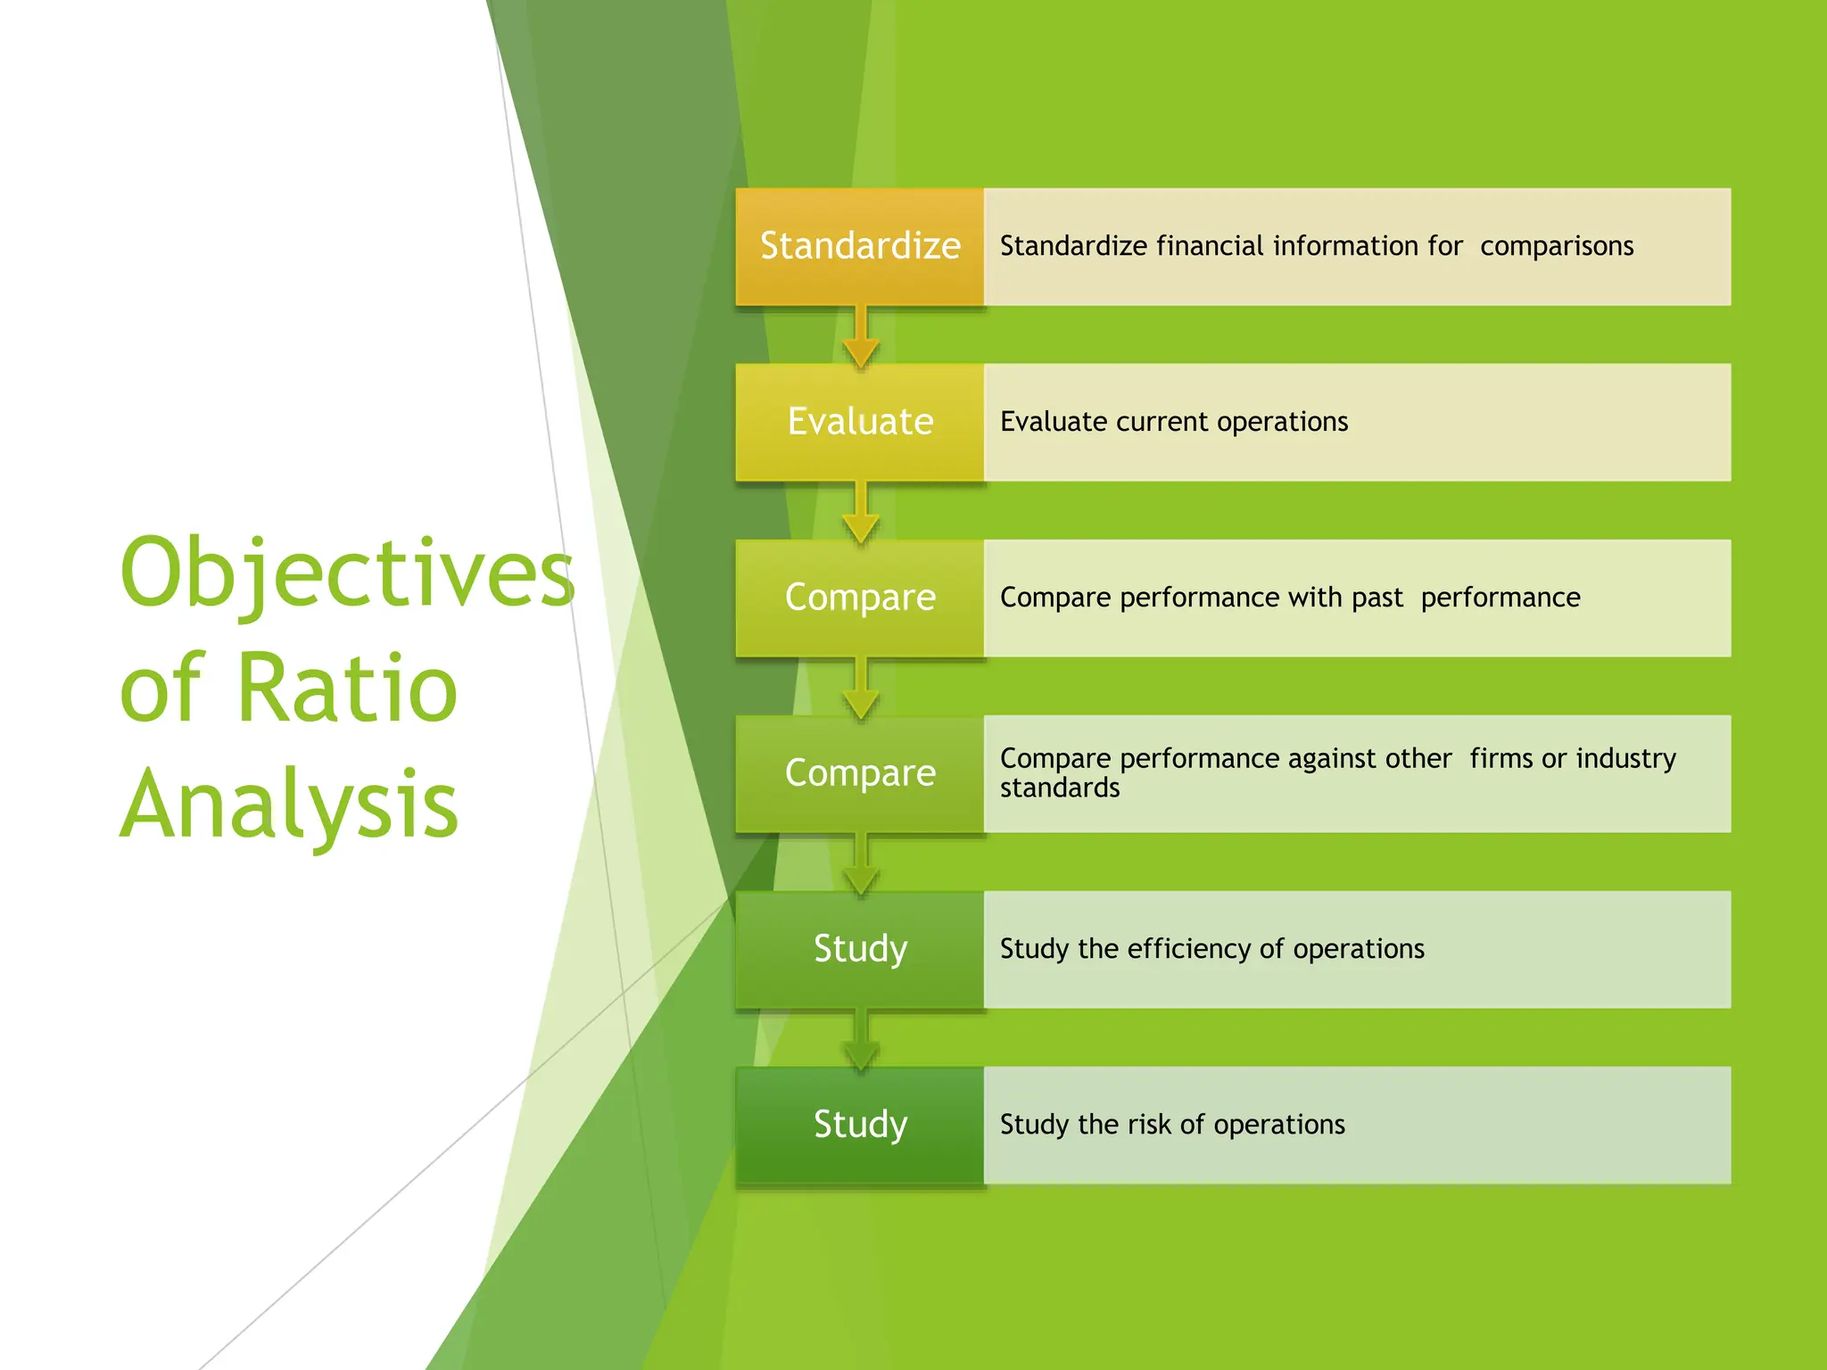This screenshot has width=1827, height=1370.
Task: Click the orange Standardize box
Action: pos(859,246)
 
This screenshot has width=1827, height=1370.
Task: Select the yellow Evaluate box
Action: pos(859,422)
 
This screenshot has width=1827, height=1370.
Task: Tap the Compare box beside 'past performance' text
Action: pos(859,598)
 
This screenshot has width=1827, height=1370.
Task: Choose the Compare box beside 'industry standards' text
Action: pos(859,773)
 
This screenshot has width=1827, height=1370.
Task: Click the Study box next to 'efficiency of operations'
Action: pos(859,949)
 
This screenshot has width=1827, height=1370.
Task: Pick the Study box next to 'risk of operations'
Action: pos(859,1125)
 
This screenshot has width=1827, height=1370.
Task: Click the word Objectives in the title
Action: pos(347,574)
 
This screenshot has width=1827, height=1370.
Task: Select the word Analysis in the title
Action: pos(289,805)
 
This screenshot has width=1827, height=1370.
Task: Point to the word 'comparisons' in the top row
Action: pos(1557,246)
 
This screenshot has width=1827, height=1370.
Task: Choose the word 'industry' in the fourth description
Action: pos(1625,758)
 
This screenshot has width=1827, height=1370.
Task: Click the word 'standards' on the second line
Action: pos(1059,788)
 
